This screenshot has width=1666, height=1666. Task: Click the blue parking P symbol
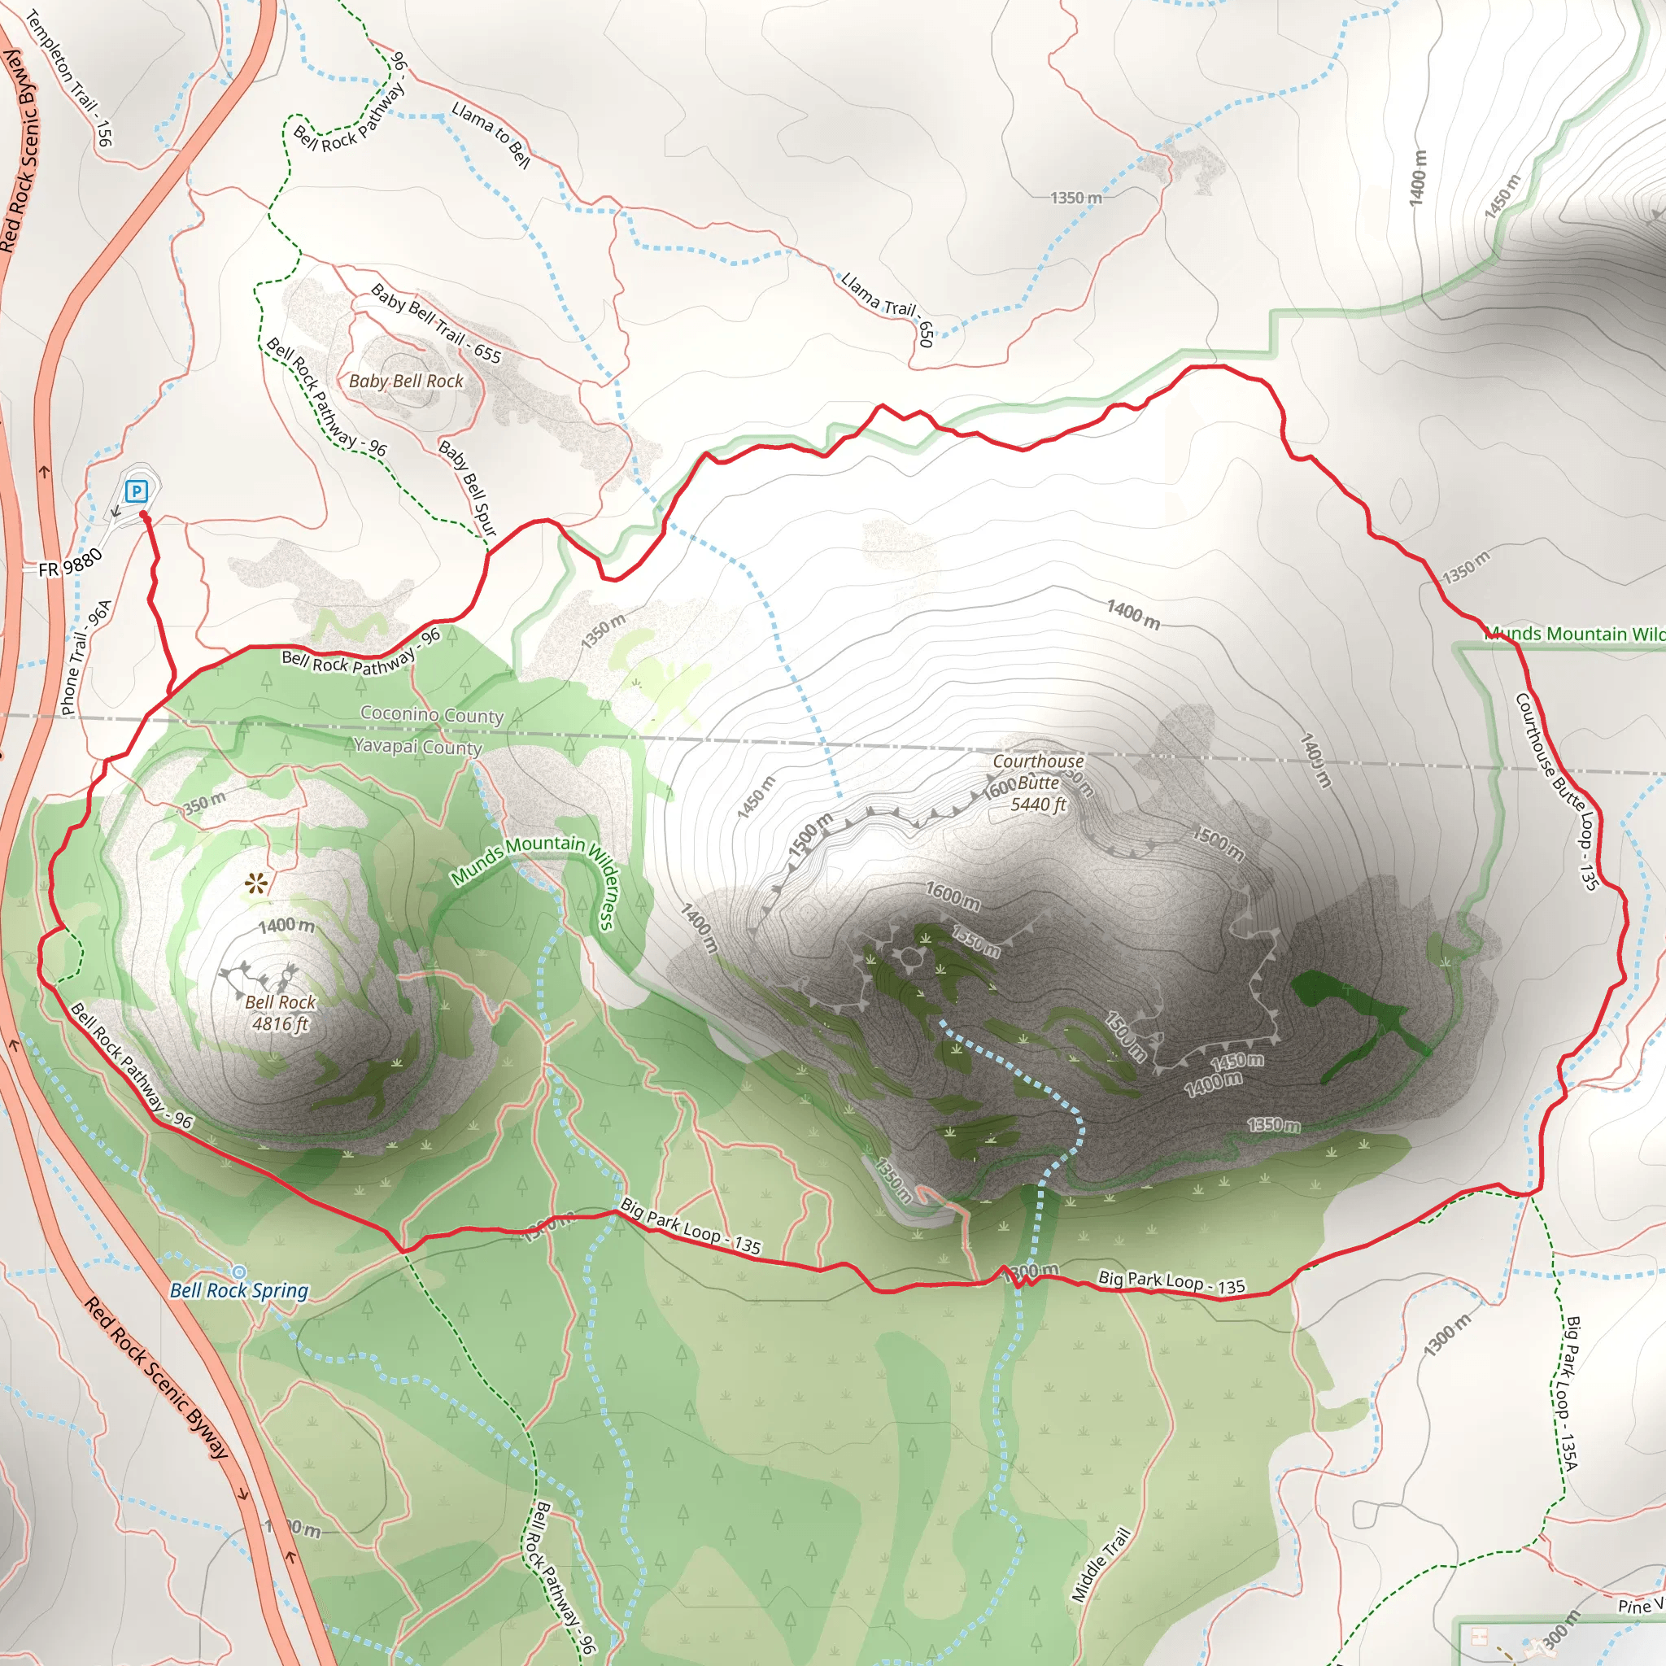tap(136, 491)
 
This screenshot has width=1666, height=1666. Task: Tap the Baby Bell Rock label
tap(405, 382)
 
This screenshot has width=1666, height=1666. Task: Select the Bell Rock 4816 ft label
tap(281, 1012)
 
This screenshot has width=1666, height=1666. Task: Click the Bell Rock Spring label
tap(239, 1290)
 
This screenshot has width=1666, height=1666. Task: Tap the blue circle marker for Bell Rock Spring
tap(239, 1272)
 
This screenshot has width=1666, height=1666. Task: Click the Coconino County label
tap(431, 714)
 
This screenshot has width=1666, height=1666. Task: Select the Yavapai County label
tap(417, 746)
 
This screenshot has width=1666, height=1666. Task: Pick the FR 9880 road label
tap(71, 563)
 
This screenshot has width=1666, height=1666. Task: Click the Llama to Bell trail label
tap(491, 134)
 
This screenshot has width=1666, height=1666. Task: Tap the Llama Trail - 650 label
tap(888, 308)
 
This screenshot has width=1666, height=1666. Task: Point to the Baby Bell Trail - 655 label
tap(435, 322)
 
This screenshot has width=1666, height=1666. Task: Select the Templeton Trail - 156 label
tap(69, 77)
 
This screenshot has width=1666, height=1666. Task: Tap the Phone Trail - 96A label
tap(86, 657)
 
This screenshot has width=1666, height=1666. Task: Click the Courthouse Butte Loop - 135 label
tap(1557, 791)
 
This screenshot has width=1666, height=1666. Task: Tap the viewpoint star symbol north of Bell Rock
tap(255, 883)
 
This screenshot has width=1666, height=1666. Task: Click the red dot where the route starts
tap(143, 515)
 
